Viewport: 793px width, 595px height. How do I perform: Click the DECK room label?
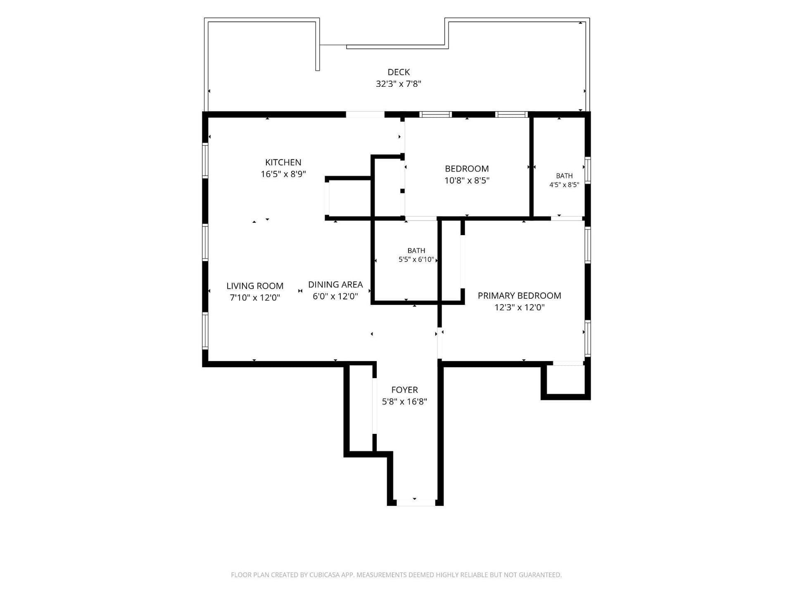click(399, 72)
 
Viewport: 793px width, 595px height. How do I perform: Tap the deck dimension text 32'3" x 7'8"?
click(399, 84)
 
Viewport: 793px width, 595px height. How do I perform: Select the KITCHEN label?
click(283, 162)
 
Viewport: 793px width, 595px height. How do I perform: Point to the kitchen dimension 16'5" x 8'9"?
click(283, 174)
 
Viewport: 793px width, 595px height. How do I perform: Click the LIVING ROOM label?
click(255, 286)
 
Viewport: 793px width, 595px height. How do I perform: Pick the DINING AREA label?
click(335, 285)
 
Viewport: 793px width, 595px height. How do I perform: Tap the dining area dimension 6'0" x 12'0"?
click(335, 296)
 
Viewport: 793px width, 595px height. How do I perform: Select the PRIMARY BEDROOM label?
click(520, 296)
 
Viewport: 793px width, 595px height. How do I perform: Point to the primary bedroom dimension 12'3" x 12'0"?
click(520, 307)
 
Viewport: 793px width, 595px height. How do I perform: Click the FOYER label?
click(405, 390)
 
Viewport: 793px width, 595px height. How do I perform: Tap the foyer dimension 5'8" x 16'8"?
click(405, 402)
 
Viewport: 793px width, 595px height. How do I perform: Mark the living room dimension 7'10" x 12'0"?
click(255, 297)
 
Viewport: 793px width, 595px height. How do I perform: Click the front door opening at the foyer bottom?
click(415, 503)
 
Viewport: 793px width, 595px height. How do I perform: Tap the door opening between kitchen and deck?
click(365, 114)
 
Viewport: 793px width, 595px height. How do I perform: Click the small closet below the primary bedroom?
click(566, 380)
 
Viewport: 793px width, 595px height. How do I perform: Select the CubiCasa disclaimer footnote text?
click(396, 575)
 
